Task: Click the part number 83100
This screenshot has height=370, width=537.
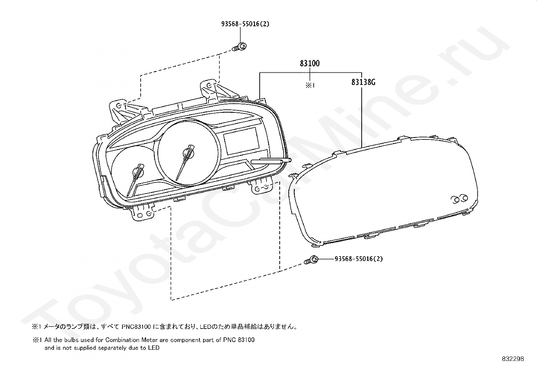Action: click(310, 63)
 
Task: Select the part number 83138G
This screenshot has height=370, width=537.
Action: click(363, 82)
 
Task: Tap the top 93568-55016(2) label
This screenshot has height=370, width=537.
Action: click(245, 24)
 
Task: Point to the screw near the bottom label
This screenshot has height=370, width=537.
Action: click(312, 260)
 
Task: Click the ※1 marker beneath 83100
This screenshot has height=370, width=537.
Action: click(310, 85)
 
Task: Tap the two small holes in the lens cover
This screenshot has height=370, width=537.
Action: click(460, 199)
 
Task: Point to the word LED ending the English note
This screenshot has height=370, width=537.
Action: click(153, 348)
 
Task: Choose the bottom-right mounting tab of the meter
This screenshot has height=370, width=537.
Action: click(262, 187)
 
